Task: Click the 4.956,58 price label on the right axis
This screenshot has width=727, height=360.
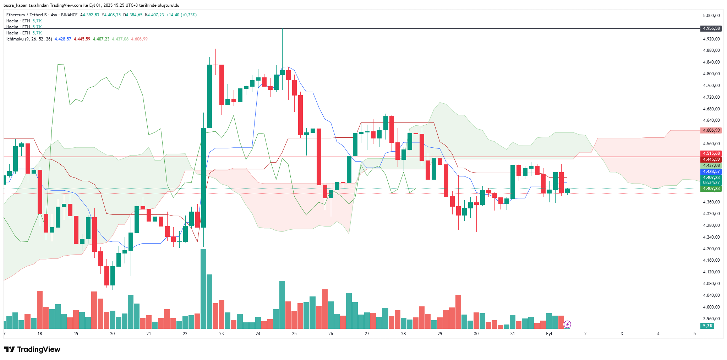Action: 711,28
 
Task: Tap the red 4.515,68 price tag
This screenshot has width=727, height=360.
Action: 711,153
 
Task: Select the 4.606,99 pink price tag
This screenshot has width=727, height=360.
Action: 711,130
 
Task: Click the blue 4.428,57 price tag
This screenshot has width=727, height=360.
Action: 711,171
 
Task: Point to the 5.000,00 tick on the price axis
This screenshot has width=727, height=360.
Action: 711,16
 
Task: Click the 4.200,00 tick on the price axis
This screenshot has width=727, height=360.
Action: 711,249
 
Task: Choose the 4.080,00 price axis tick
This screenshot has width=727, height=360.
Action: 711,284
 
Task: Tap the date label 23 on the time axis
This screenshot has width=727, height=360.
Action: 222,334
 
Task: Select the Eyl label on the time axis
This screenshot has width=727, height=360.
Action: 549,334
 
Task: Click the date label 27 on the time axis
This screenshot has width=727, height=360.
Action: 367,334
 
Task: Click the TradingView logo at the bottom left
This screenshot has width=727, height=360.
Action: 32,349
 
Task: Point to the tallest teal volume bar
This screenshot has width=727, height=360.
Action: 203,288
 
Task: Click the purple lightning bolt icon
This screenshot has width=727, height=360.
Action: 567,324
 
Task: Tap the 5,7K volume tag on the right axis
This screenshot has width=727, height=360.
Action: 708,326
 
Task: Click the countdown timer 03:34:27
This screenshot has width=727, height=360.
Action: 711,182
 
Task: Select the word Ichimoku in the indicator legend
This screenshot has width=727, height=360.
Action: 15,39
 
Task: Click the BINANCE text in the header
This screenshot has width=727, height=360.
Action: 69,15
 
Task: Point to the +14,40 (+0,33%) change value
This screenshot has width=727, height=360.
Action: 181,15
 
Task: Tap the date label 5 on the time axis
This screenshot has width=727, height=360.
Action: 695,334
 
